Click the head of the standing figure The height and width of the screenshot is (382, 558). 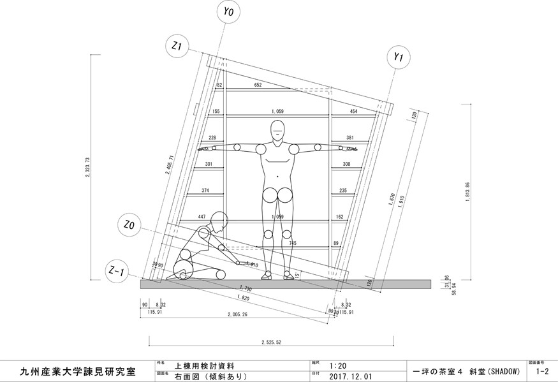click(x=278, y=130)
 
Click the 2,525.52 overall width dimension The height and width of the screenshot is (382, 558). click(x=270, y=342)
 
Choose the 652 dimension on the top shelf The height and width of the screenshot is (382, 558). click(x=258, y=85)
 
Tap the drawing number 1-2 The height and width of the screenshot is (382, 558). click(x=542, y=371)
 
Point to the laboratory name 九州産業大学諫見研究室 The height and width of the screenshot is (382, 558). click(x=78, y=371)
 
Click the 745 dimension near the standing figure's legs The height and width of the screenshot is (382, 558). click(x=292, y=243)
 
